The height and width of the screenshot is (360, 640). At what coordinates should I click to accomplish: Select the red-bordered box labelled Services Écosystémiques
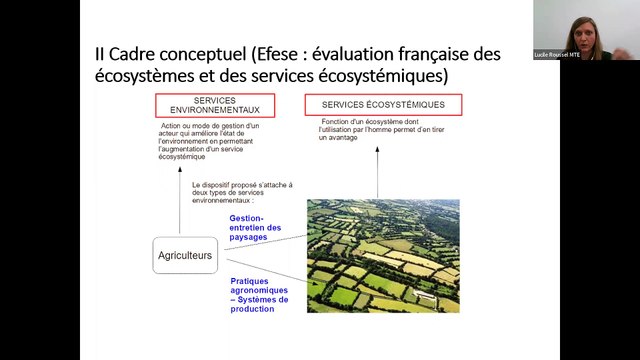383,104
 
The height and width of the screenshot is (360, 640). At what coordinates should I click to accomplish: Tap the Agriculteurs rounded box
185,256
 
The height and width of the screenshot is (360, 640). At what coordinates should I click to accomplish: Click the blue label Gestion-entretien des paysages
255,227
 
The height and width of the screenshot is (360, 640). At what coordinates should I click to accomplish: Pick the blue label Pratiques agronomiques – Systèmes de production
258,295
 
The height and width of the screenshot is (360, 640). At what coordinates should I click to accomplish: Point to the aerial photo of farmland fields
383,256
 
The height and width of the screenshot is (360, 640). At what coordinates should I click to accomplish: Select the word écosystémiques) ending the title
386,76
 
